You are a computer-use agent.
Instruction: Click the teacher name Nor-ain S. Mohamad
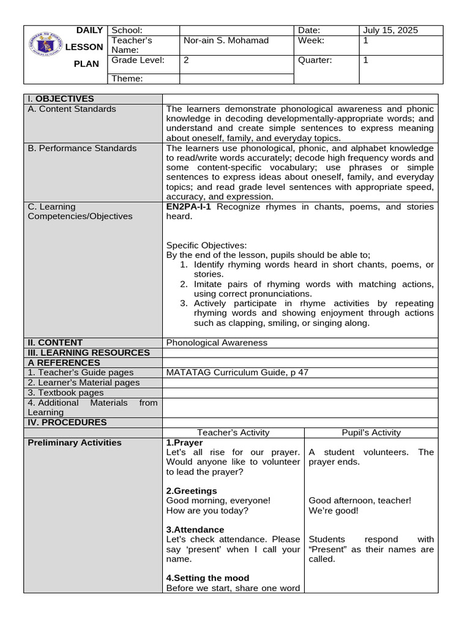pos(226,40)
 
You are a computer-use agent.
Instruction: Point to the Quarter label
pos(315,61)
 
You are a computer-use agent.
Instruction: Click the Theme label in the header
pos(127,78)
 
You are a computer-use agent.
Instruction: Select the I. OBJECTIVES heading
pos(61,99)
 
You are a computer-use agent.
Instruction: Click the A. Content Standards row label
pos(72,109)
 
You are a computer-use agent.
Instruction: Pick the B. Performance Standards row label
pos(83,148)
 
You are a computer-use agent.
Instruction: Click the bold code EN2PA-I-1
pos(189,207)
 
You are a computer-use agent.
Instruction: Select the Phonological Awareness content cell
pos(217,343)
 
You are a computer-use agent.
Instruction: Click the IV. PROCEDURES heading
pos(67,422)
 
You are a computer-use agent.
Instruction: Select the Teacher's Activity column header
pos(233,432)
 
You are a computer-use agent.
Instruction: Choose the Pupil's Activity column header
pos(371,432)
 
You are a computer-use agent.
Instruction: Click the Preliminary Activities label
pos(75,443)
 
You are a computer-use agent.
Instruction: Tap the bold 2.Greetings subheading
pos(192,491)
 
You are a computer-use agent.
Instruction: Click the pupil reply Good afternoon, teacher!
pos(360,501)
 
